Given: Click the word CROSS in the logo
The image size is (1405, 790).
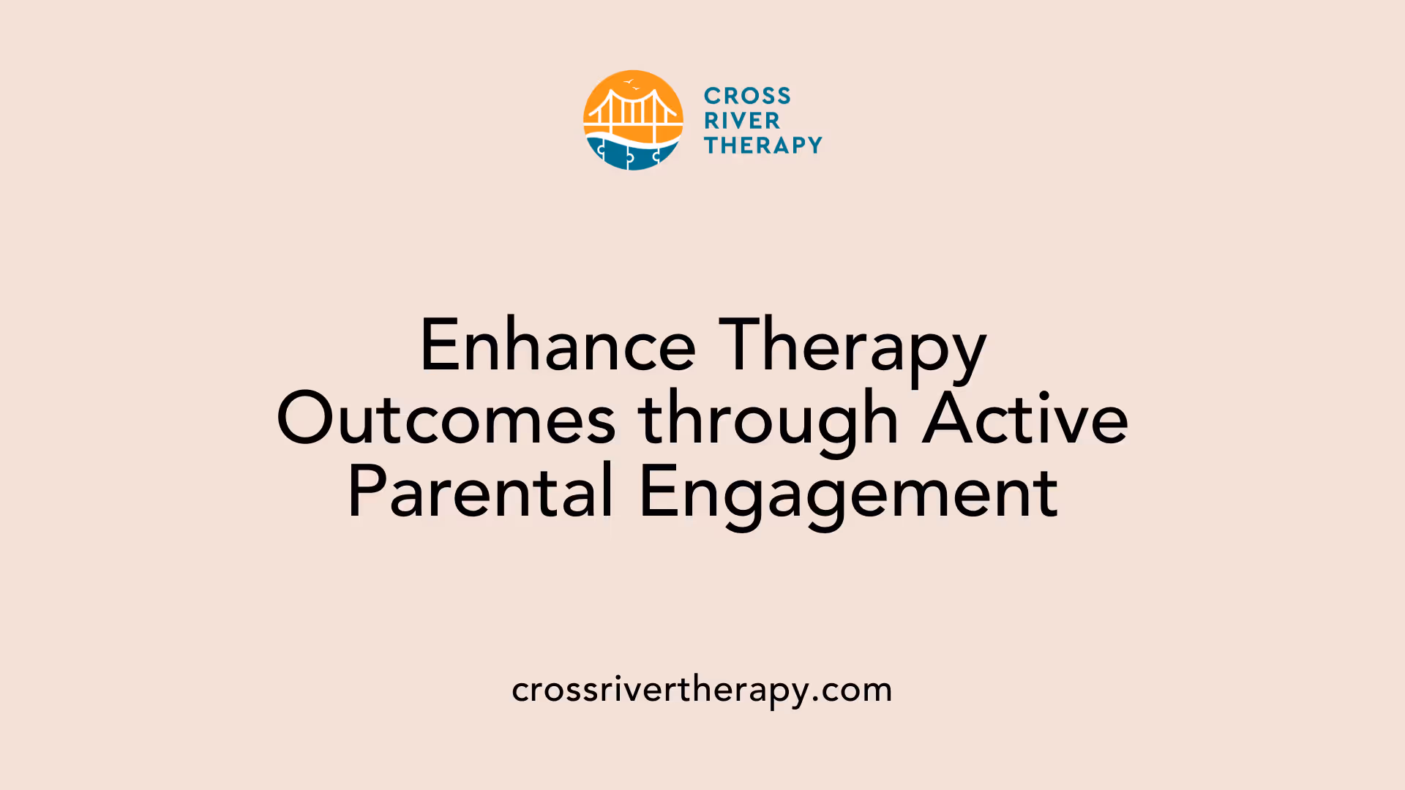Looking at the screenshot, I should (747, 96).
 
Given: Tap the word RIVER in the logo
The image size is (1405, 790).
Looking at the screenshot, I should (742, 121).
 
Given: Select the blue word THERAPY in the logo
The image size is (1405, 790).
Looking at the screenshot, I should (763, 146).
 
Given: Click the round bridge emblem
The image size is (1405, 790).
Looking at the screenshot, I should (633, 121).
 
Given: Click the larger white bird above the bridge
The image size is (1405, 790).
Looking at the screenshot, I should (629, 82).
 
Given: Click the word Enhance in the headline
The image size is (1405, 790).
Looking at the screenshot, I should (558, 345).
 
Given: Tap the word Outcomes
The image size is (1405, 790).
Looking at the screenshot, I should (446, 419).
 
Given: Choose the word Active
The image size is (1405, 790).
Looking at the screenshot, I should (1025, 419).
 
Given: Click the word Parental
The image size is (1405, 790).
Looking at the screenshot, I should (480, 492).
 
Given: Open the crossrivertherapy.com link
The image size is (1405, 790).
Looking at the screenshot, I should (702, 690).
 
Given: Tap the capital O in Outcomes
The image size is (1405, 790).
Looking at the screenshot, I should (305, 419).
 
